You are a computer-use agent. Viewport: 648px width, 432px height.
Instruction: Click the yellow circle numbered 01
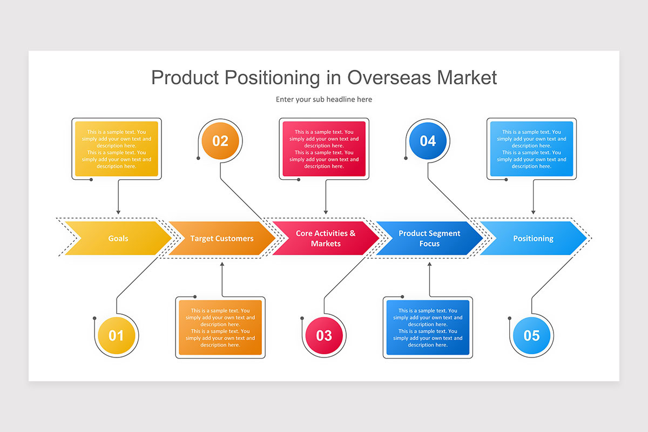[x=116, y=336]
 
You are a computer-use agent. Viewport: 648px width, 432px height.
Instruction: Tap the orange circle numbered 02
[x=220, y=141]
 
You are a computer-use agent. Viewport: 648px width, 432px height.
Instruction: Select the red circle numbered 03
[x=324, y=336]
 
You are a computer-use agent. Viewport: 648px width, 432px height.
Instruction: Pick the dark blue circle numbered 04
[x=428, y=141]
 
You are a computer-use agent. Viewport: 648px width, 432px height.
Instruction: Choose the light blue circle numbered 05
[x=531, y=336]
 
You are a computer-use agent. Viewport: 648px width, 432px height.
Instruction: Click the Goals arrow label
[x=118, y=239]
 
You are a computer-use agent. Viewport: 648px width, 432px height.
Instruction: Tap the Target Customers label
[x=222, y=239]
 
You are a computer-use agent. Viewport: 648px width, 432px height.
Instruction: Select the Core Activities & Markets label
[x=326, y=239]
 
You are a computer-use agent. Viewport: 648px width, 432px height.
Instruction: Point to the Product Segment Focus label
[x=429, y=239]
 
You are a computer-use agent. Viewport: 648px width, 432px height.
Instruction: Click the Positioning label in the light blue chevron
[x=533, y=239]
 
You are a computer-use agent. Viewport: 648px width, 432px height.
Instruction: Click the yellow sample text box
[x=117, y=148]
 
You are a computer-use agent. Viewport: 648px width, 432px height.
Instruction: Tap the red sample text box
[x=324, y=148]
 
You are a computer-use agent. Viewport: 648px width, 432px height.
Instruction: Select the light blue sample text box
[x=531, y=148]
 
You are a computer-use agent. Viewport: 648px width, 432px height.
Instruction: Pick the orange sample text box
[x=220, y=328]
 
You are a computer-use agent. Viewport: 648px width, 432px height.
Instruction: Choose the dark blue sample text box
[x=428, y=328]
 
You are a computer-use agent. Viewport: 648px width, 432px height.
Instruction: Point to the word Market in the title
[x=467, y=78]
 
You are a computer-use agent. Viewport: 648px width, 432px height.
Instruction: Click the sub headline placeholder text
[x=324, y=99]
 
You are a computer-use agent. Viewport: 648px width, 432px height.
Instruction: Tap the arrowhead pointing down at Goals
[x=118, y=212]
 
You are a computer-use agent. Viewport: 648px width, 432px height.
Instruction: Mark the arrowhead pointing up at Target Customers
[x=222, y=264]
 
